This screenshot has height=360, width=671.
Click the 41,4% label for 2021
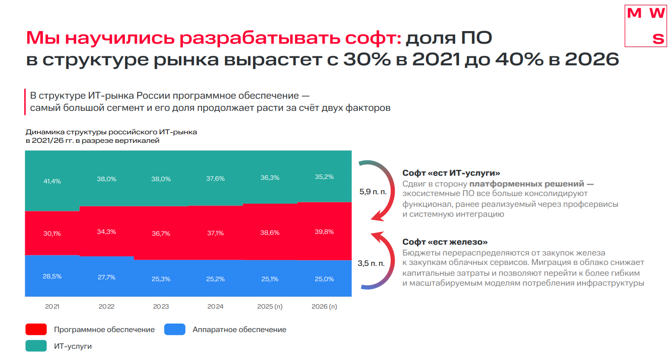52,181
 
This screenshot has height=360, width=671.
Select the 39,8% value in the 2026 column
324,232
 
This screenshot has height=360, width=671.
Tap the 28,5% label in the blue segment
52,276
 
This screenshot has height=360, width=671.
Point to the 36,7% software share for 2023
161,233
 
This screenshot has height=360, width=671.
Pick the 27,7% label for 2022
106,277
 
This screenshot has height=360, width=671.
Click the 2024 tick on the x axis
215,307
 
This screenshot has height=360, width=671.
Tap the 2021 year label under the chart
52,307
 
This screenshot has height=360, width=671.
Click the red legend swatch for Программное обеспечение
36,329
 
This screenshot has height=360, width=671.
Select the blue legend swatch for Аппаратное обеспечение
175,329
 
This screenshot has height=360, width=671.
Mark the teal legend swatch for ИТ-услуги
36,346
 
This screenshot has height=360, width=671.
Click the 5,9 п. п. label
373,192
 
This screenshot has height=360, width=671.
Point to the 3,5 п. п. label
371,264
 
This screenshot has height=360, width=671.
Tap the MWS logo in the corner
646,26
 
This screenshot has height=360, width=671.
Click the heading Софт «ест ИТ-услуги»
451,173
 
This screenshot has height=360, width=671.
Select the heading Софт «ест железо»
445,242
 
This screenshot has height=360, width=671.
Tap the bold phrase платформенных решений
527,184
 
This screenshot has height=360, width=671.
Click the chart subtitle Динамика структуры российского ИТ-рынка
111,132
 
